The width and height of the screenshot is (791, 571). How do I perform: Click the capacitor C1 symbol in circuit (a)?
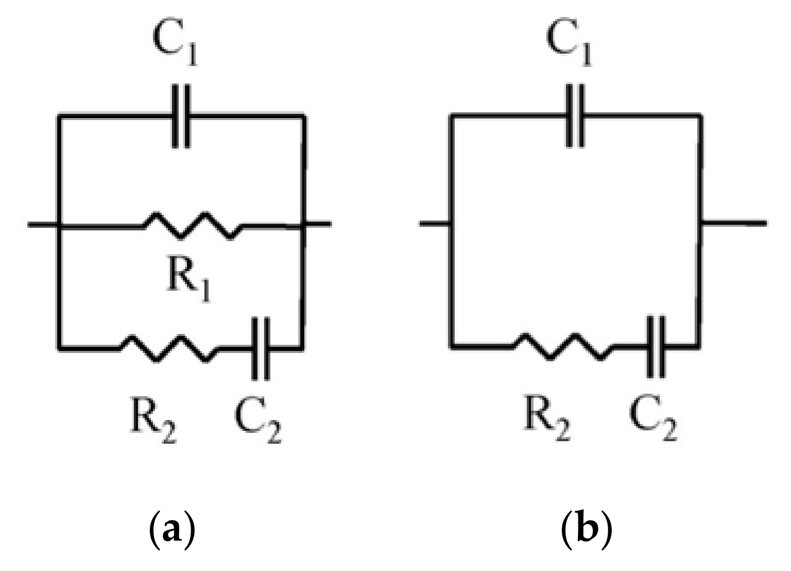[180, 116]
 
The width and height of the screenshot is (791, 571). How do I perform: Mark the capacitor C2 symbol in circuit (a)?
[261, 349]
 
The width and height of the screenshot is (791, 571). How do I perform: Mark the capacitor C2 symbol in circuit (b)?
[656, 347]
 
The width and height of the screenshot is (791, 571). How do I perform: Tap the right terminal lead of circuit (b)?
[734, 223]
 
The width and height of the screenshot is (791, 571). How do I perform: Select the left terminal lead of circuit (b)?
[436, 223]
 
